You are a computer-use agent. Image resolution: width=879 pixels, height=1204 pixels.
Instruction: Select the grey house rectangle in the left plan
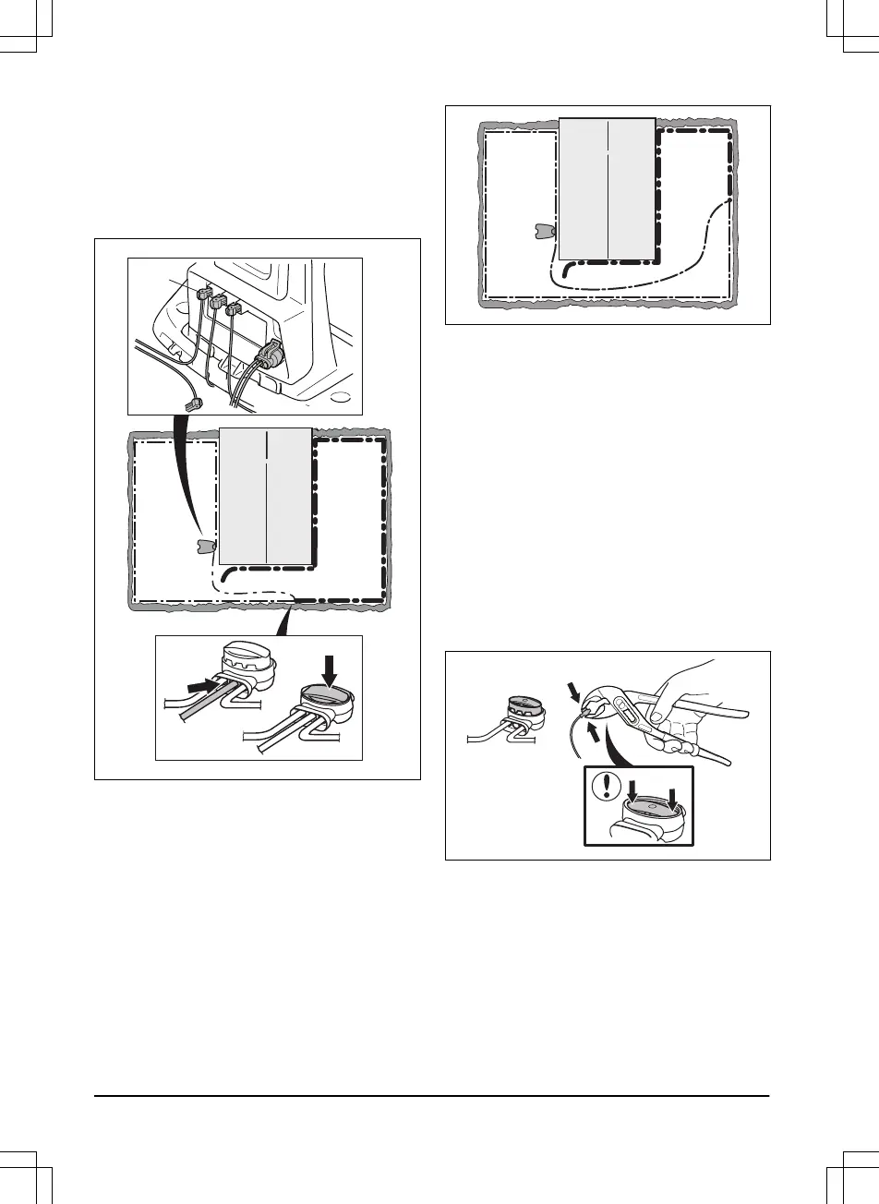(x=266, y=496)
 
